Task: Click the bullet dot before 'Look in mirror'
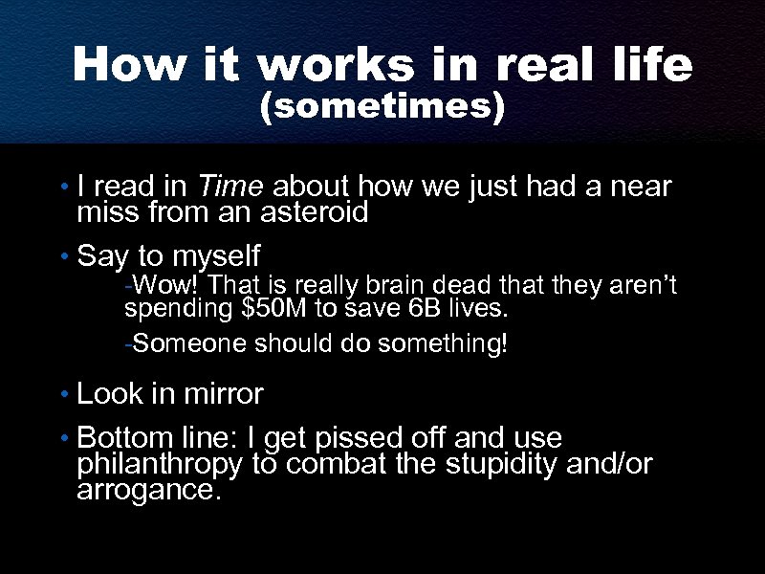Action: pyautogui.click(x=62, y=394)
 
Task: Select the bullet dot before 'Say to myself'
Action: pyautogui.click(x=62, y=256)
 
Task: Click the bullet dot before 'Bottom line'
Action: pyautogui.click(x=62, y=439)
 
